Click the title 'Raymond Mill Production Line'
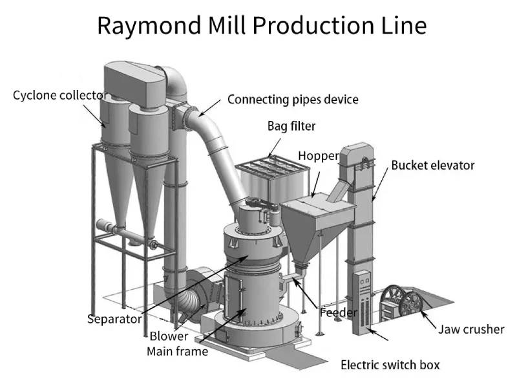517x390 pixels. coord(262,25)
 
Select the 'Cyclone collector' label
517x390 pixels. coord(60,96)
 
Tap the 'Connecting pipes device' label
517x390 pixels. coord(293,100)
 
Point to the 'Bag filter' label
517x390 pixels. coord(291,125)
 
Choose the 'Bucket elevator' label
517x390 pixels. coord(432,165)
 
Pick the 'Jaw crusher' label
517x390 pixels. coord(471,329)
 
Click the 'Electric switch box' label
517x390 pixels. coord(390,365)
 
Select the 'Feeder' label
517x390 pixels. coord(339,312)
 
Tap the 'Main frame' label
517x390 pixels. coord(177,351)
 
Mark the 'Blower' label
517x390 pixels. coord(169,336)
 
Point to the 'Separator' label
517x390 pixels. coord(114,318)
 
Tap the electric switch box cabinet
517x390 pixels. coord(364,303)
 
